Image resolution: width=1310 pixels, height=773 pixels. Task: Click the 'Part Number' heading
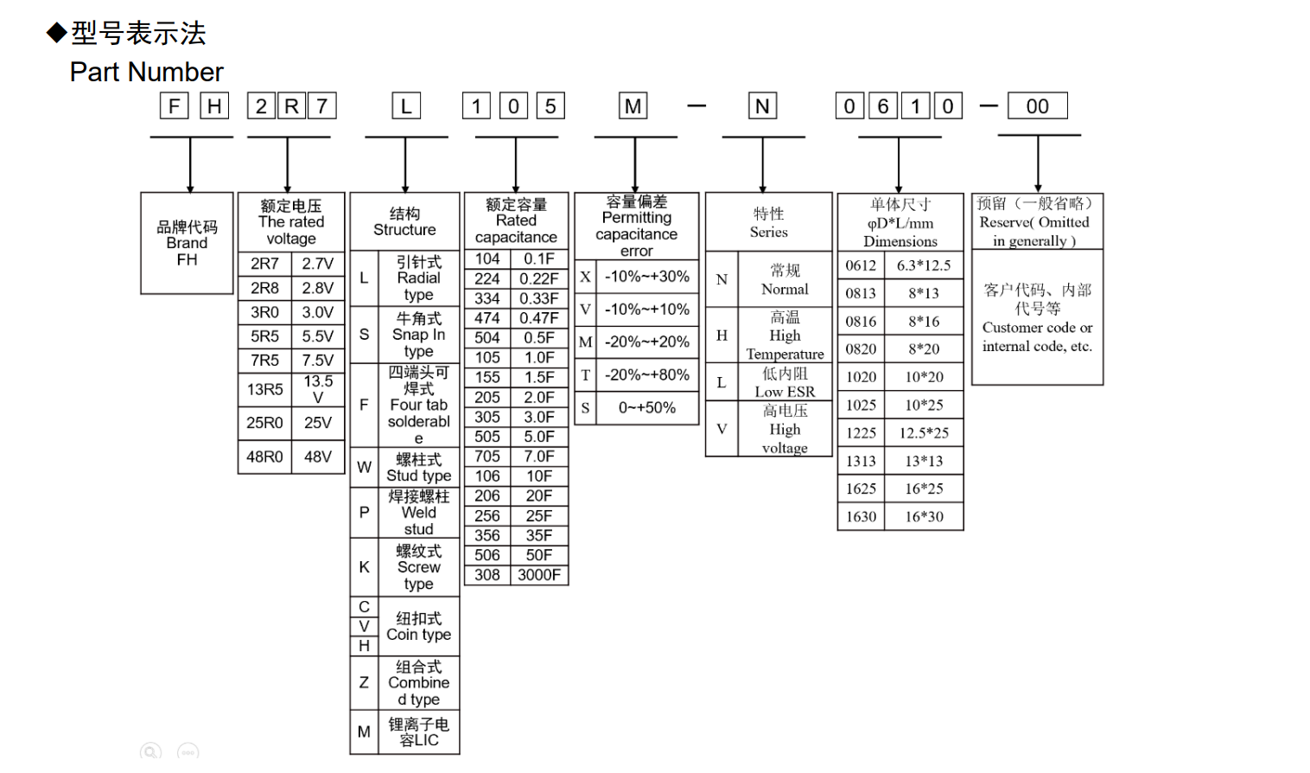146,72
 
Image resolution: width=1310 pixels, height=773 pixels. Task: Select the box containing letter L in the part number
406,106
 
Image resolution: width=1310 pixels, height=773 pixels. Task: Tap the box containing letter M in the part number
633,106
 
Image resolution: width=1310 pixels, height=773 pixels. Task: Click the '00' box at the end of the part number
1037,106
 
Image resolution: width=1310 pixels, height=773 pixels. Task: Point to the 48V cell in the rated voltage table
318,457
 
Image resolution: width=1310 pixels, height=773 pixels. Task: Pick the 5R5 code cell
264,336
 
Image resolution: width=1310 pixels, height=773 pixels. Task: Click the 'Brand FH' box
187,243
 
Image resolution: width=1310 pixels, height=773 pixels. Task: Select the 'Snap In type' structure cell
418,335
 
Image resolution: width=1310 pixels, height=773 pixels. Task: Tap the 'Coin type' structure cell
418,626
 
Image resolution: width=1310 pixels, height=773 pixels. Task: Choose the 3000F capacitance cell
539,575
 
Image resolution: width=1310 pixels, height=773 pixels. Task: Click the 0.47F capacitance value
539,318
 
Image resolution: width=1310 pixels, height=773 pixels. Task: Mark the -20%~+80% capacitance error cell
646,375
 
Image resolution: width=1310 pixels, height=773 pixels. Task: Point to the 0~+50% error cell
646,408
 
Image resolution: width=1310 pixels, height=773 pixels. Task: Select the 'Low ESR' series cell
785,382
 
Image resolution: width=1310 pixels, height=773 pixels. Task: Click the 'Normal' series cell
785,279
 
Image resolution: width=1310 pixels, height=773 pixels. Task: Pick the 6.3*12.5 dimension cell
923,265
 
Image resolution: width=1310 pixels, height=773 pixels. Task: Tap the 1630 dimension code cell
861,516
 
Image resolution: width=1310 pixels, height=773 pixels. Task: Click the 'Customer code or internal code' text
1037,336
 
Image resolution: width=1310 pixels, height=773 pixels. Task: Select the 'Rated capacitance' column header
516,221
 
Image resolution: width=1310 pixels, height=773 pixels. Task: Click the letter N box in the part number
762,106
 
